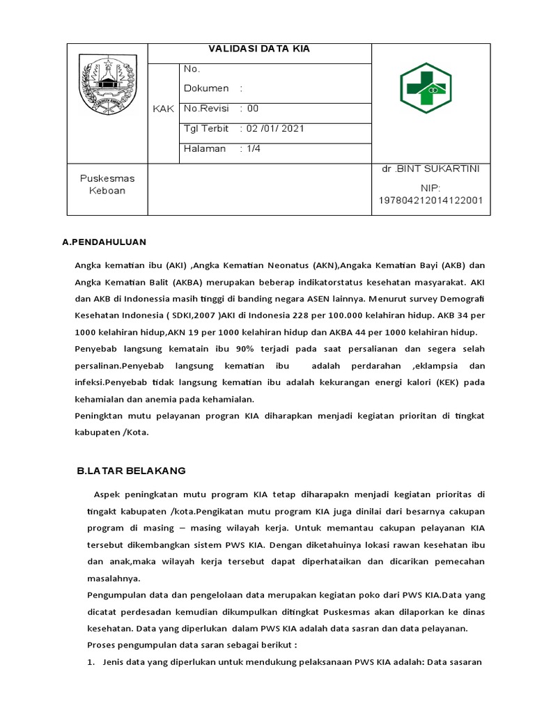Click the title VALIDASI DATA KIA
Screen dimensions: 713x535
[259, 49]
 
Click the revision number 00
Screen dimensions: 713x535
[252, 109]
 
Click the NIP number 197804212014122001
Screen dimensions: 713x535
[431, 201]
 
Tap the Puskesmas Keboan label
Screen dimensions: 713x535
[107, 184]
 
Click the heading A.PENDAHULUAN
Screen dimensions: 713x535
[104, 242]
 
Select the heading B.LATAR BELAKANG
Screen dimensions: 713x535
[131, 471]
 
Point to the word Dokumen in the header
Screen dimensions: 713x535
[206, 88]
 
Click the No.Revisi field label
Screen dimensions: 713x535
[206, 109]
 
